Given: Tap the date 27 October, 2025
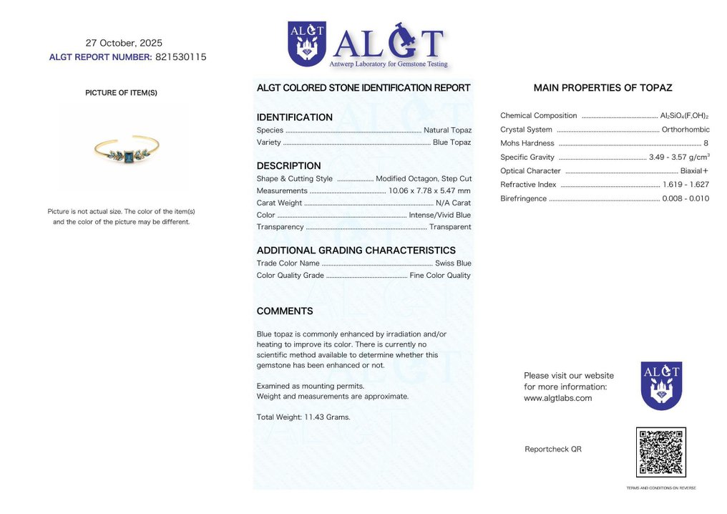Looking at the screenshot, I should coord(124,43).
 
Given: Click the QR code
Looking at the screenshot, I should coord(660,452).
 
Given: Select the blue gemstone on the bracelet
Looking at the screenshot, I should coord(128,156).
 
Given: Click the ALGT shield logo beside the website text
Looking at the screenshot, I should coord(660,385).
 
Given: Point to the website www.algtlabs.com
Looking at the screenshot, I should coord(557,398).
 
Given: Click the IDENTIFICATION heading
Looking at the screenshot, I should coord(294,117).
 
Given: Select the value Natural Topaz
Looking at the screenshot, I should coord(447,130).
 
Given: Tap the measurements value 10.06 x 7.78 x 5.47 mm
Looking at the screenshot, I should coord(429,190).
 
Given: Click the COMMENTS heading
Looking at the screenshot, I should coord(285,311).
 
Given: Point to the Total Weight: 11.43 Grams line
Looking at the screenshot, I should coord(303,417).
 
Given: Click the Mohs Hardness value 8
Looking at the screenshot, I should coord(706,143).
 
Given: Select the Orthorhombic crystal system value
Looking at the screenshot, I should coord(685,130).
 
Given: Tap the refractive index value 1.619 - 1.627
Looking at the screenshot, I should coord(685,185).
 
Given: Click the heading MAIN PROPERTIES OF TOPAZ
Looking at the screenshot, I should coord(602,88).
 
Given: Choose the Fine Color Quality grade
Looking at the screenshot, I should coord(440,276).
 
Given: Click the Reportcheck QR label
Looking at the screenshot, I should coord(552,450).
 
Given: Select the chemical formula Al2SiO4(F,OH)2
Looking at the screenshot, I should coord(684,116).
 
